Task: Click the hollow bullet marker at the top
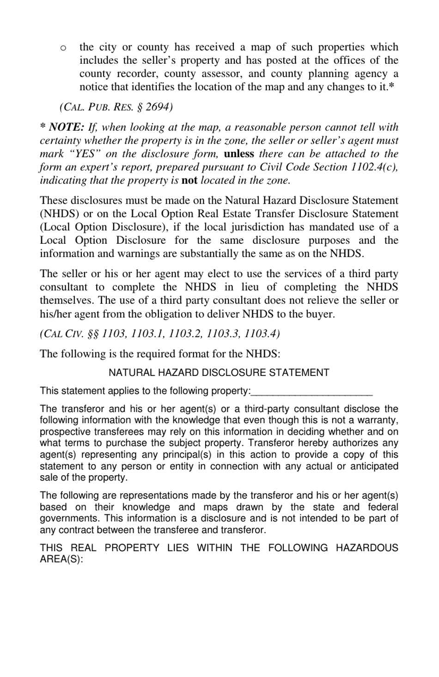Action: [63, 48]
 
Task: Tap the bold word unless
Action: [239, 154]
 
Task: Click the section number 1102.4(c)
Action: [374, 167]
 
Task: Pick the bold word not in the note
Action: [189, 181]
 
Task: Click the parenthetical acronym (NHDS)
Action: [58, 214]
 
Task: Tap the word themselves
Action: [67, 300]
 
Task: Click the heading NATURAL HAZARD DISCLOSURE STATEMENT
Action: [219, 373]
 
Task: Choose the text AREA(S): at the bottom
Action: [61, 559]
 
